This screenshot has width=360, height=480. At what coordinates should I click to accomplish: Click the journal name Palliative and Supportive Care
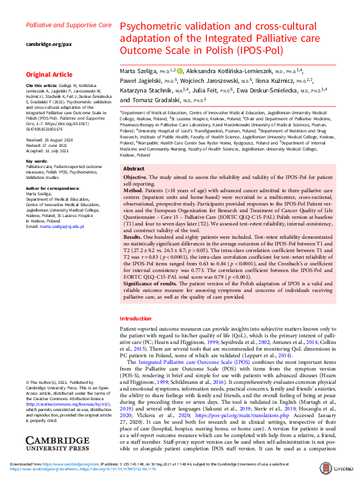(68, 25)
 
